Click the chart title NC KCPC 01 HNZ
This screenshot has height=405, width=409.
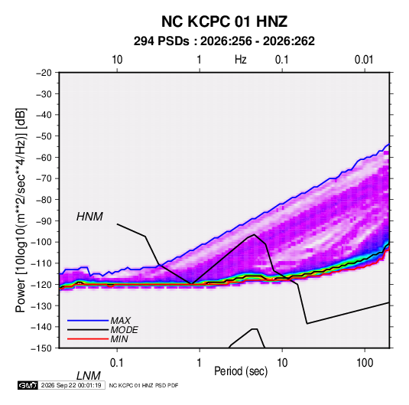[x=224, y=21]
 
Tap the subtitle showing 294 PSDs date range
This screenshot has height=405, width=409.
[x=224, y=41]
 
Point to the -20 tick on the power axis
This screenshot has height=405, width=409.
[x=44, y=73]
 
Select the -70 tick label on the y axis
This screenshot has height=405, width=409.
[x=44, y=178]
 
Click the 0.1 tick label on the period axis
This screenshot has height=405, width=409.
[x=117, y=363]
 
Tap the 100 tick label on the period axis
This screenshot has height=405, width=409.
[x=365, y=363]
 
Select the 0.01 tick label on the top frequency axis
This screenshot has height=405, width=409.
[x=364, y=60]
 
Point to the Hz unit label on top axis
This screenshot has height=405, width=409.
[x=240, y=60]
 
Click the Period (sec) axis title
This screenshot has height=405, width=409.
[x=241, y=371]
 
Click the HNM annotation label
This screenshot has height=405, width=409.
[x=89, y=217]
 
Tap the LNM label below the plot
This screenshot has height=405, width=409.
[x=89, y=376]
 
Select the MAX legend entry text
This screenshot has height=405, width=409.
[x=120, y=321]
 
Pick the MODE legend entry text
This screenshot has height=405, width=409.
[x=124, y=330]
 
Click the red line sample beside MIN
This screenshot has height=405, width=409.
[x=88, y=339]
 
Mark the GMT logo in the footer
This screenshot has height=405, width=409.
[x=28, y=385]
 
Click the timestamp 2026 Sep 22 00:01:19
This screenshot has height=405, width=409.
[x=71, y=385]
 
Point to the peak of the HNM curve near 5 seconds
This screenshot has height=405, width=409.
[x=254, y=234]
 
